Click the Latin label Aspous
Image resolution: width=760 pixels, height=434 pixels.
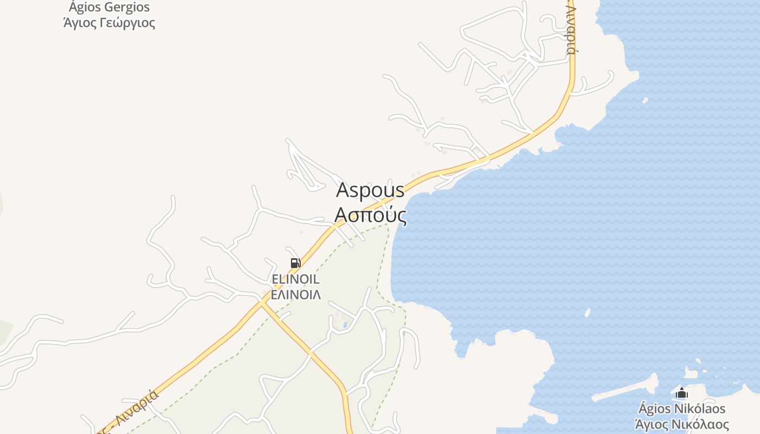370,190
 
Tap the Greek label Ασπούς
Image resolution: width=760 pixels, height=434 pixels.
370,215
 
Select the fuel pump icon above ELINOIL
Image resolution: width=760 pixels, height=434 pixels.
295,263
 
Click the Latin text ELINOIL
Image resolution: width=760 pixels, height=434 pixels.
295,279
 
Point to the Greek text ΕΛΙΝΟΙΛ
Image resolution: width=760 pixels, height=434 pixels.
295,295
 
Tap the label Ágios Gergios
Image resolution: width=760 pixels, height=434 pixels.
109,8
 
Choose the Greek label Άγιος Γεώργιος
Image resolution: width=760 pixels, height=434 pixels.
109,23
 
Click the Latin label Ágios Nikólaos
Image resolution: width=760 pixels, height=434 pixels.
682,409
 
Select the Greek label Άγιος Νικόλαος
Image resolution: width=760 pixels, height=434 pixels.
682,424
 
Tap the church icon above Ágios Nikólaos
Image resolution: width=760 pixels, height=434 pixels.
682,393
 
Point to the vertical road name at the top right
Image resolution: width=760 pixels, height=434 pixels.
571,30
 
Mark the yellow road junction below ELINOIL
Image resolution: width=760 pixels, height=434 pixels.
262,304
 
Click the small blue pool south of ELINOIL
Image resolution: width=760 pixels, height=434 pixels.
345,325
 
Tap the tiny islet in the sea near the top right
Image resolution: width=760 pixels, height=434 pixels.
645,100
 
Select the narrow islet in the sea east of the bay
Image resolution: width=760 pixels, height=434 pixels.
587,312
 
